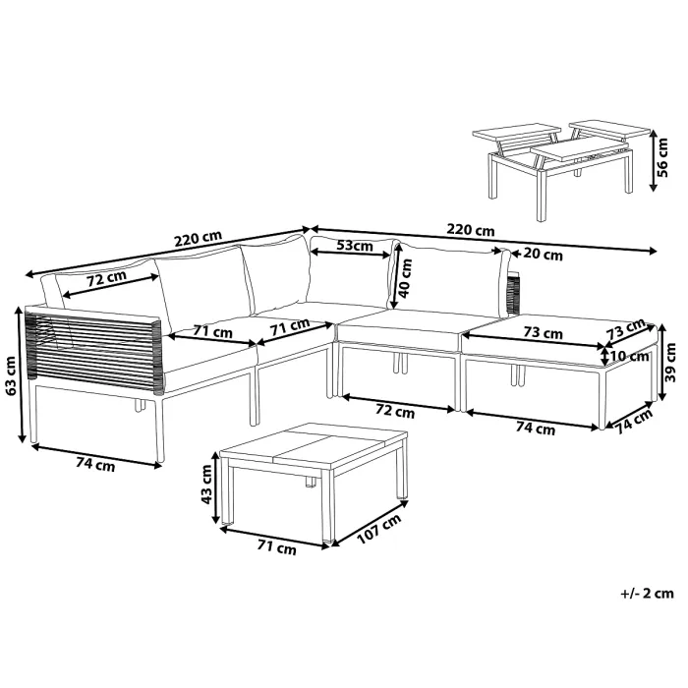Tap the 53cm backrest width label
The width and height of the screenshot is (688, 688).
pyautogui.click(x=353, y=245)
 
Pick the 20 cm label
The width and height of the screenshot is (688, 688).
pyautogui.click(x=545, y=256)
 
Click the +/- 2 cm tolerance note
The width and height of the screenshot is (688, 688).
pyautogui.click(x=648, y=594)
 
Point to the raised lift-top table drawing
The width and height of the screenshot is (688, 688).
pyautogui.click(x=555, y=162)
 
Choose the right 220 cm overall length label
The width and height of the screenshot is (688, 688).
pyautogui.click(x=470, y=230)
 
